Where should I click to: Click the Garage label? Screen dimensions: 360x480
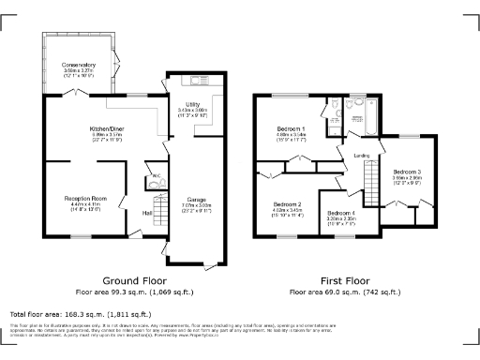coord(197,200)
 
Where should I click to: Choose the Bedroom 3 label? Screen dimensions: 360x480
coord(406,172)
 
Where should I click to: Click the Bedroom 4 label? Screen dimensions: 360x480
coord(339,214)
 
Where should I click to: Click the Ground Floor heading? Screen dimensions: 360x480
coord(135,280)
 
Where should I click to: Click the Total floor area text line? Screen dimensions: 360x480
coord(81,312)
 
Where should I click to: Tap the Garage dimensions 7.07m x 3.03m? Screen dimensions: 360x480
coord(197,206)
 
